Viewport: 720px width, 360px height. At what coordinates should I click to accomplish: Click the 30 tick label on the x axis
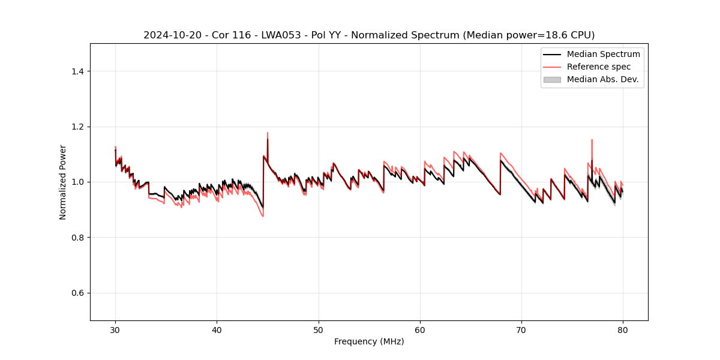coord(115,330)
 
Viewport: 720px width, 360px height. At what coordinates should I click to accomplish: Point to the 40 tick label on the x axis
coord(217,330)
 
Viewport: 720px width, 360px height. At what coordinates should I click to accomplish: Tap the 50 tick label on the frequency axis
coord(318,330)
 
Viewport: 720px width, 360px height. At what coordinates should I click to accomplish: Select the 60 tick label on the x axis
coord(420,330)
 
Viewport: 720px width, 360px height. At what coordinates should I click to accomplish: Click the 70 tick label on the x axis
coord(521,330)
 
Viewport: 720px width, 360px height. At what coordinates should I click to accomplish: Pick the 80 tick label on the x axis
coord(623,330)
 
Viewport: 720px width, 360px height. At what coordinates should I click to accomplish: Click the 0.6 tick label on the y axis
coord(77,293)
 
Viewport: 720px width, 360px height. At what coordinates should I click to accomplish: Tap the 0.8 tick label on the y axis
coord(77,238)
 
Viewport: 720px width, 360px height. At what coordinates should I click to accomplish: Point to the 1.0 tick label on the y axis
coord(77,182)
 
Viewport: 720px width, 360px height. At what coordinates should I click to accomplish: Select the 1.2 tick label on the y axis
coord(77,127)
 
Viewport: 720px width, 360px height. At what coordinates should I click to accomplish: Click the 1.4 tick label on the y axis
coord(77,71)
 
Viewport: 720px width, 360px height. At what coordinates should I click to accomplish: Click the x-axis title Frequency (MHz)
coord(369,341)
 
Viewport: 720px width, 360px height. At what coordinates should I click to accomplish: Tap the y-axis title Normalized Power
coord(63,182)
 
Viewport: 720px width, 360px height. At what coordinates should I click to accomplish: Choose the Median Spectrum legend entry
coord(603,54)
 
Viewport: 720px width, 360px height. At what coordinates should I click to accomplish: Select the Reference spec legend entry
coord(599,67)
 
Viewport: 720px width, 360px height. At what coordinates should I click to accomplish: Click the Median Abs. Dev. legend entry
coord(602,79)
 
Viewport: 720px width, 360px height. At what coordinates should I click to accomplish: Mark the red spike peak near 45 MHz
coord(268,133)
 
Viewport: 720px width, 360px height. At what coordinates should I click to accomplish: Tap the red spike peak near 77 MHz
coord(592,140)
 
